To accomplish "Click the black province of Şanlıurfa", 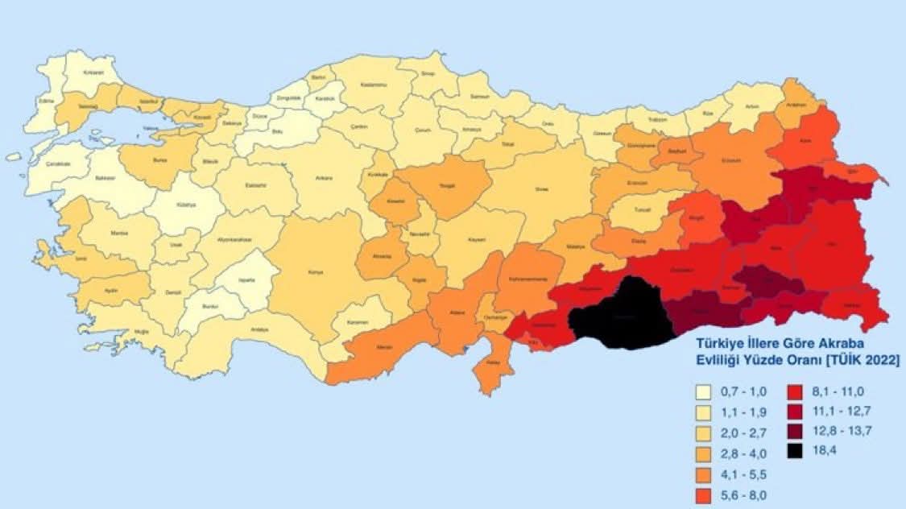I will pyautogui.click(x=622, y=316).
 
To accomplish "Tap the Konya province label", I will pyautogui.click(x=316, y=272).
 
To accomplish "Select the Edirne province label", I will pyautogui.click(x=47, y=101).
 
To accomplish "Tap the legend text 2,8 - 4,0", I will pyautogui.click(x=738, y=456).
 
